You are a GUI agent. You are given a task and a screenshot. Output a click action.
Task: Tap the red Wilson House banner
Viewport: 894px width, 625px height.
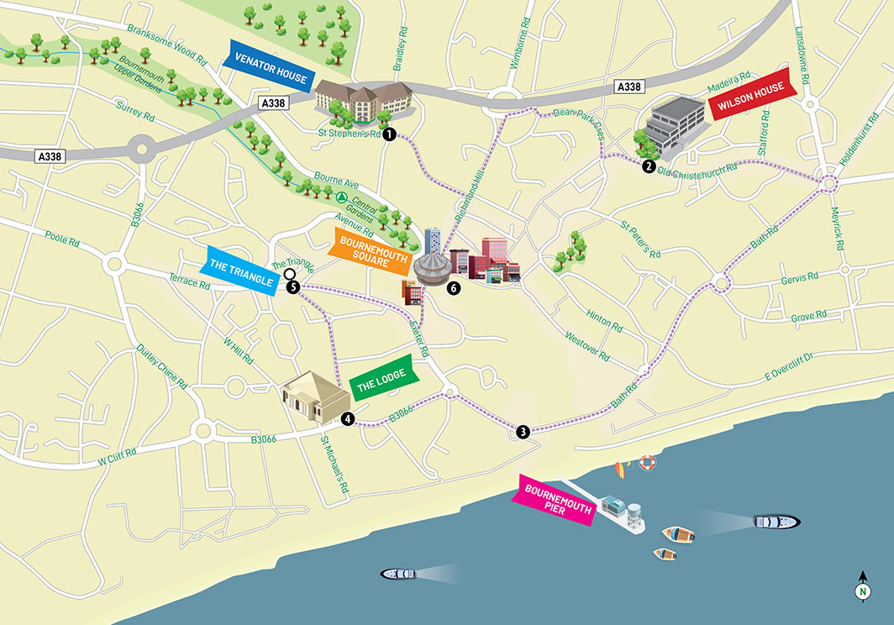(751, 97)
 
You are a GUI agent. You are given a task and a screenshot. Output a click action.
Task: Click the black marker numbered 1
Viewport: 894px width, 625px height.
(389, 134)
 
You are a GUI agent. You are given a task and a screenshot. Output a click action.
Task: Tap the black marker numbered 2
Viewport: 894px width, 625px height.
(649, 166)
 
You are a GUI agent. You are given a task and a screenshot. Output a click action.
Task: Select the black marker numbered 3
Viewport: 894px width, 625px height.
(523, 432)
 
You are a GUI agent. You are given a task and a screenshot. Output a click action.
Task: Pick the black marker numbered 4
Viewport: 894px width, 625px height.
(348, 418)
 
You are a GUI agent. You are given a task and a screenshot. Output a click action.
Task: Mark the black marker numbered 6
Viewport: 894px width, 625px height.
(455, 288)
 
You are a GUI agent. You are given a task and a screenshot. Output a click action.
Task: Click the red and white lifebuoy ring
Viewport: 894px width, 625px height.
(646, 461)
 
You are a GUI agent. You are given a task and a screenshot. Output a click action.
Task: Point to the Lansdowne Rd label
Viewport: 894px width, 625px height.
(800, 50)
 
